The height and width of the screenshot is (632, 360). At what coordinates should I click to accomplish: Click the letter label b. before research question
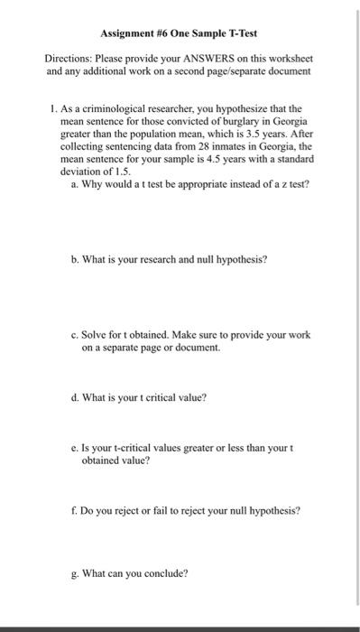click(x=75, y=258)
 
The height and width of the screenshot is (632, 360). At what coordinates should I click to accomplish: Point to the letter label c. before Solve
click(x=75, y=334)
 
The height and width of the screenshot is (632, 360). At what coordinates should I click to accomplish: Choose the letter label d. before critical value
click(x=75, y=396)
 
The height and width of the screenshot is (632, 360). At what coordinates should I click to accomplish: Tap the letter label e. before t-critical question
click(x=75, y=447)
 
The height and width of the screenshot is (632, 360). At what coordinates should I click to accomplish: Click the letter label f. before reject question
click(x=74, y=509)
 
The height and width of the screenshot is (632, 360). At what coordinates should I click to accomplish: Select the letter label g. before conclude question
click(x=75, y=572)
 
